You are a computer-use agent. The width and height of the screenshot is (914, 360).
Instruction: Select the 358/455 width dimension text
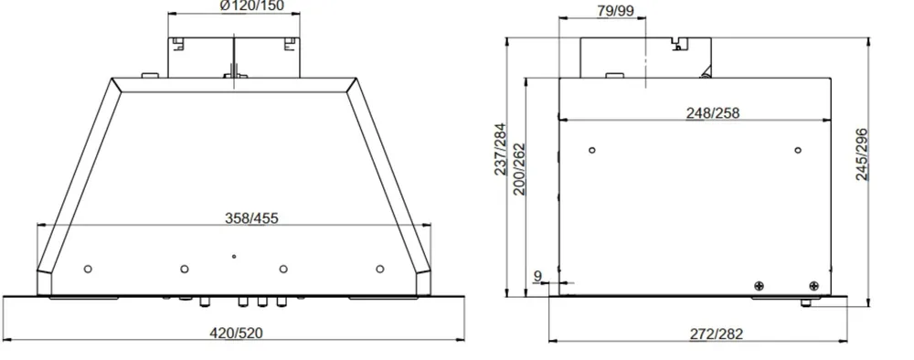[252, 217]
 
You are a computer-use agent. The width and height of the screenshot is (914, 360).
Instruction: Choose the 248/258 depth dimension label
[713, 113]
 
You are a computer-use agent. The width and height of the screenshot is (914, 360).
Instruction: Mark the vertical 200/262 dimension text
[519, 166]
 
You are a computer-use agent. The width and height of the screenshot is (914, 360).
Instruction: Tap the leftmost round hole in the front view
[88, 269]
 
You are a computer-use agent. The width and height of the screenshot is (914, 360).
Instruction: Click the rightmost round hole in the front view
[380, 269]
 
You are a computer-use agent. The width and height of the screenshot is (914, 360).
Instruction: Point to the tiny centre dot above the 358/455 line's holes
[234, 257]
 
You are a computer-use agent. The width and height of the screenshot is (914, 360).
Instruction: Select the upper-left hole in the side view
[591, 149]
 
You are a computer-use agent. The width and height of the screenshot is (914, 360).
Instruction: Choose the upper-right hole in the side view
[798, 149]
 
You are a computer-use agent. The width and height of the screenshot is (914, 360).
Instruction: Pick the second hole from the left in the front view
[185, 269]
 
